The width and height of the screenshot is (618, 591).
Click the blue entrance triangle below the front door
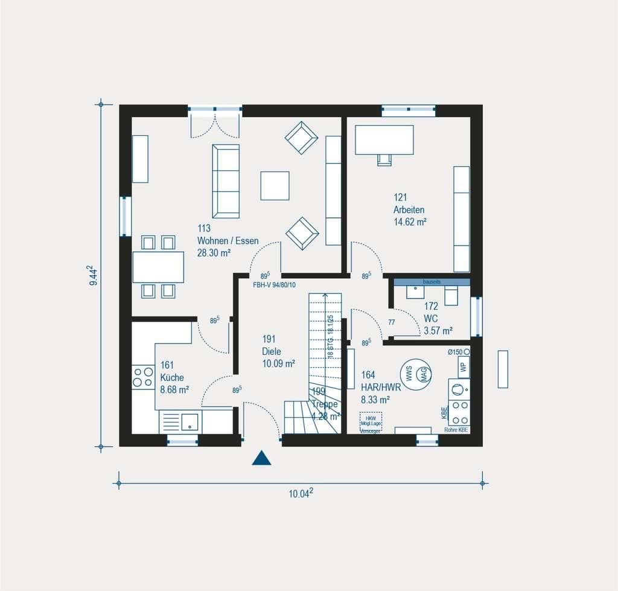[x=261, y=459]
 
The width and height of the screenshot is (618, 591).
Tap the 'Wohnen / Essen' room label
[x=228, y=241]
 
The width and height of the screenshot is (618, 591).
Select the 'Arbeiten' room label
[x=409, y=209]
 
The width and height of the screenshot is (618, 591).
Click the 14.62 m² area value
[x=410, y=222]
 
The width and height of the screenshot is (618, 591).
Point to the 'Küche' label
[x=171, y=377]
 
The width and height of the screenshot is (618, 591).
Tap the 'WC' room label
[x=431, y=318]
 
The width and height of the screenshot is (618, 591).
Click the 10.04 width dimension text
[x=301, y=494]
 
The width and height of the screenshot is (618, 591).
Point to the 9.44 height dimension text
[x=92, y=275]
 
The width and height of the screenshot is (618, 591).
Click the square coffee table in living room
[x=275, y=185]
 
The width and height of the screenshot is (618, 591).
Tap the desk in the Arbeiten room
[x=384, y=139]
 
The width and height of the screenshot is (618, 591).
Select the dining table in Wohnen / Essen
[x=158, y=267]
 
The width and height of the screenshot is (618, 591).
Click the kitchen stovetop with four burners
[x=144, y=377]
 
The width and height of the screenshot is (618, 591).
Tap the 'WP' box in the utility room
[x=463, y=366]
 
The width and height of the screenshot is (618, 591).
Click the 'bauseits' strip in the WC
[x=432, y=281]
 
